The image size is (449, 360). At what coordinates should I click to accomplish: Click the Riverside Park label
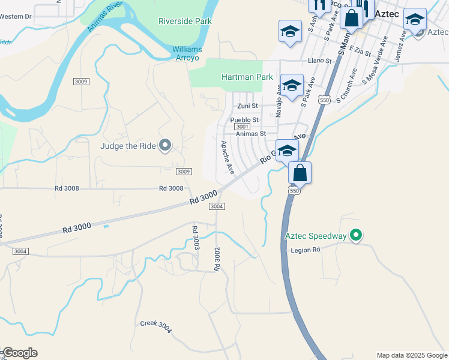coord(185,21)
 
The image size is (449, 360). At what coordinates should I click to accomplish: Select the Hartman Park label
coord(247,77)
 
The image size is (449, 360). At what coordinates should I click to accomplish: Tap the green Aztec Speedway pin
coord(356,236)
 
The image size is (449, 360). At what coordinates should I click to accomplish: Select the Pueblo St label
coord(244,120)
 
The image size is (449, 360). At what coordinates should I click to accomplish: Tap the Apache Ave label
coord(228,157)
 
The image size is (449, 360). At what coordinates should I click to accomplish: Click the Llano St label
coord(319,61)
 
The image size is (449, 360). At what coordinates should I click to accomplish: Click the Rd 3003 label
coord(196,238)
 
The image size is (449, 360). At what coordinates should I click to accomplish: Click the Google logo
coord(20,353)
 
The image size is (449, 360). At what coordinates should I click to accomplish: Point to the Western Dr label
coord(16,16)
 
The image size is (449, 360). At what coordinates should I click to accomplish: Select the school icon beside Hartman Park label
coord(292,85)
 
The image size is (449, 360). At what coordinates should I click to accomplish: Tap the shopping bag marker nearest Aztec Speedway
coord(300,173)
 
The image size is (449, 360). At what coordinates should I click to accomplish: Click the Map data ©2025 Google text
coord(411,355)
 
